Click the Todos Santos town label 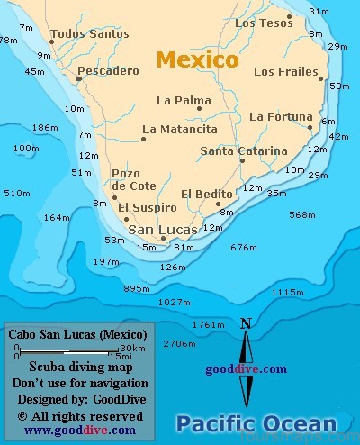89,34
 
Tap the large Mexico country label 197,60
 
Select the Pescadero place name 108,70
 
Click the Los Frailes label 286,71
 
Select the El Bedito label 206,194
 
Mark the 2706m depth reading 179,344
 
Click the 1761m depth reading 208,324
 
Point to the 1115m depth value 287,292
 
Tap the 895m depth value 137,288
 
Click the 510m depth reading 16,193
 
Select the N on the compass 246,323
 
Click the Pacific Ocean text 256,423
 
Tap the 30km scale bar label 132,349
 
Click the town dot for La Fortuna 310,127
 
